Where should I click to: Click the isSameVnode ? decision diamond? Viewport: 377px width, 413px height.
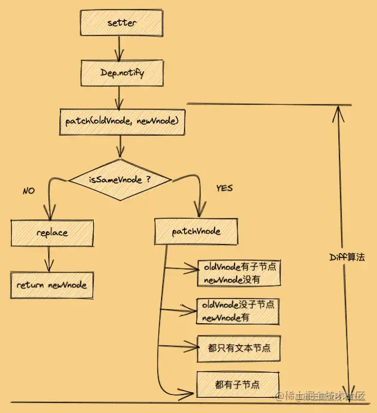click(120, 180)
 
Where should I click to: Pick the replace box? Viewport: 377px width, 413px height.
click(52, 232)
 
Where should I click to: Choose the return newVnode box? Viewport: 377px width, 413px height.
click(52, 284)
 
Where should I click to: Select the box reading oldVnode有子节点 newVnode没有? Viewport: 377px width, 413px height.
click(238, 273)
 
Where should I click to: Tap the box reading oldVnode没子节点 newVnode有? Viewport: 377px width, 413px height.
click(238, 311)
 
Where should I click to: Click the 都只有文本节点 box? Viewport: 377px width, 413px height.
click(238, 348)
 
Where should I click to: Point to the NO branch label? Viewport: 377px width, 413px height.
click(29, 191)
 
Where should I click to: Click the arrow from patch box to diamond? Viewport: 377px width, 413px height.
click(120, 147)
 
